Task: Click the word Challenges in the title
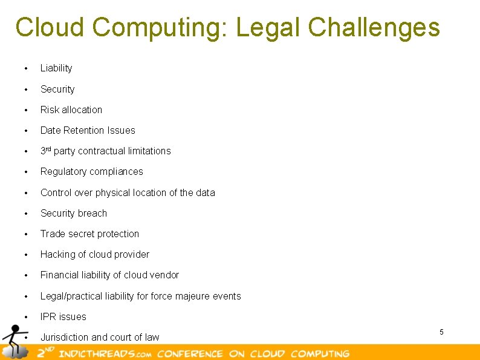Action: point(374,27)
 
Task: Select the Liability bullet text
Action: point(56,68)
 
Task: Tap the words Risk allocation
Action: point(71,110)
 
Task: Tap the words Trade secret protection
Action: point(89,234)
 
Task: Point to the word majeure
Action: point(189,296)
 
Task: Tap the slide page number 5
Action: point(441,332)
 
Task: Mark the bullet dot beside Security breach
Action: point(26,214)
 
